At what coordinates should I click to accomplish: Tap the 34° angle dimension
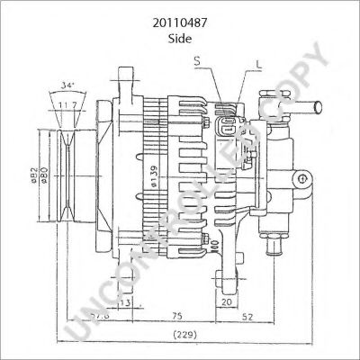click(67, 86)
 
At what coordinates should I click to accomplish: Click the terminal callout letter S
click(198, 60)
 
